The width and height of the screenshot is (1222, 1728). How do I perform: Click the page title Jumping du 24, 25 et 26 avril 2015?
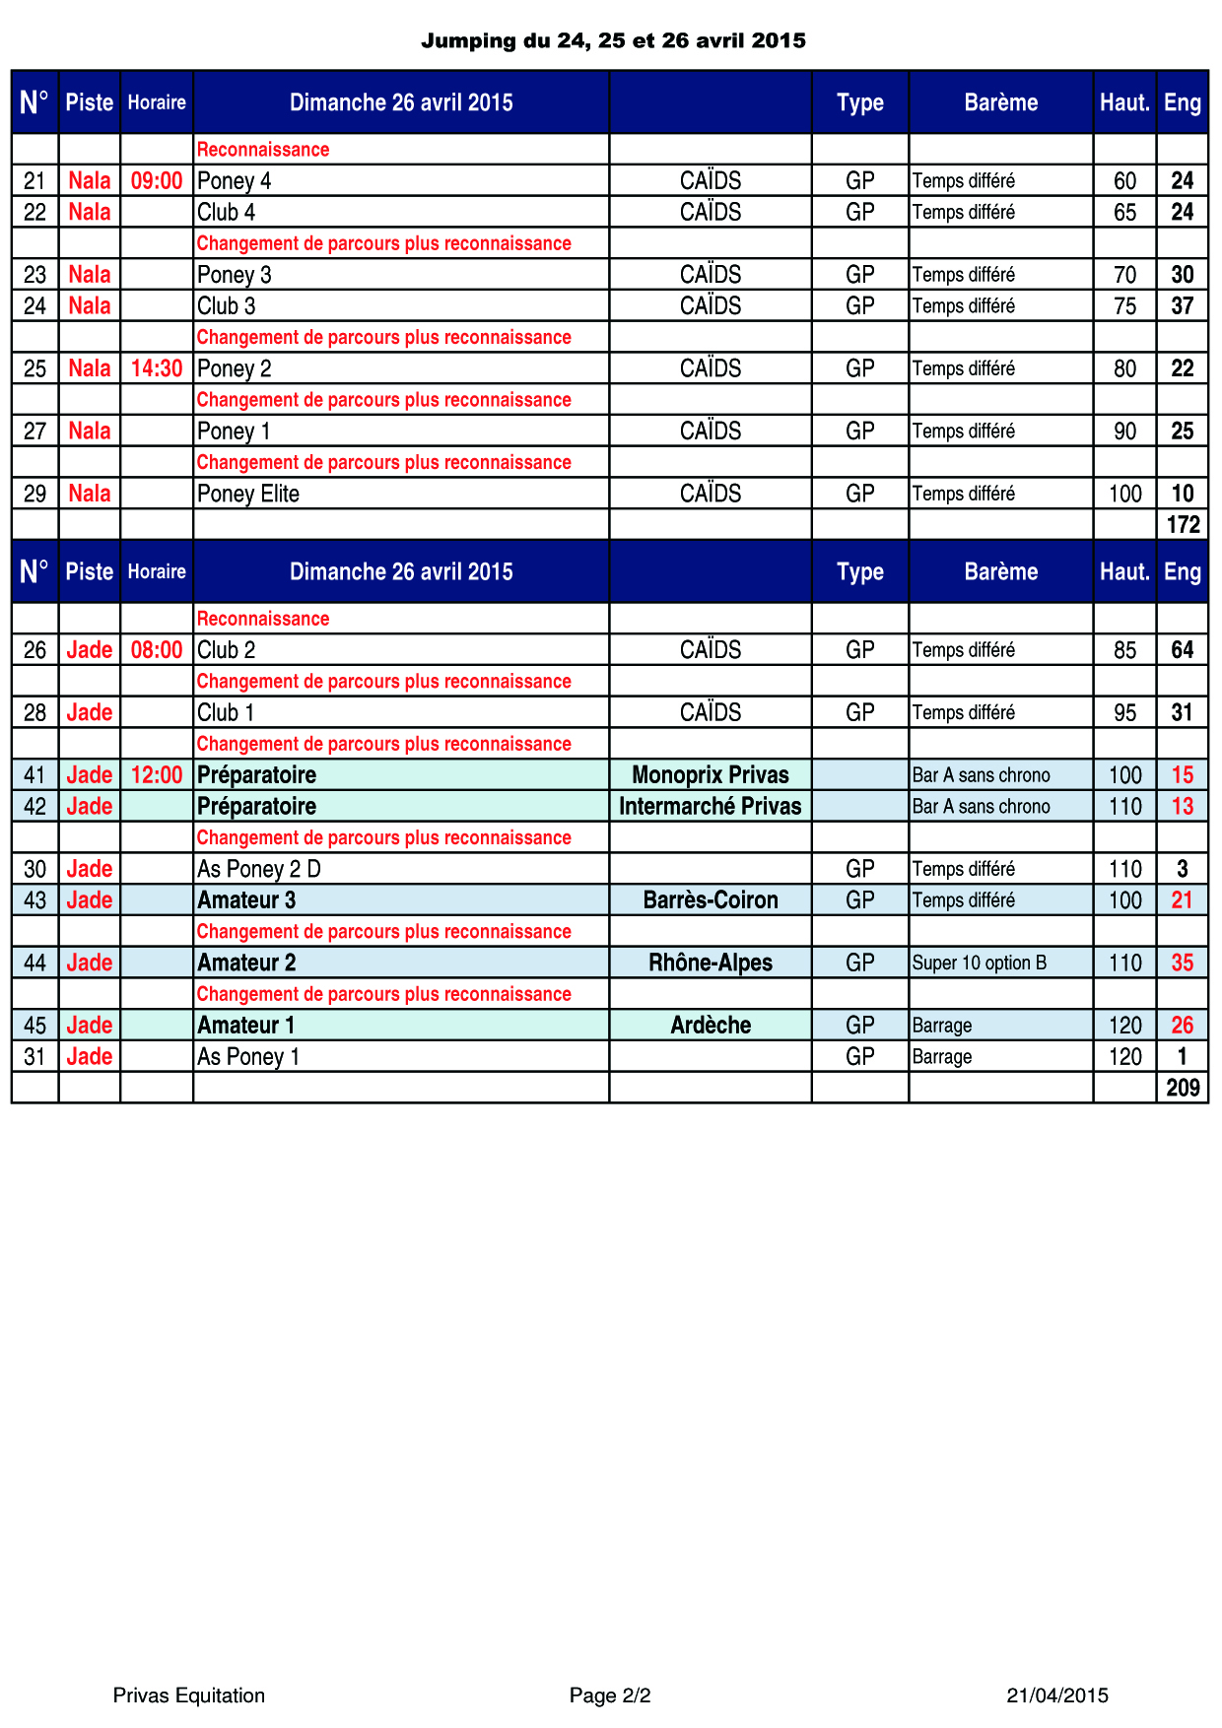[x=613, y=40]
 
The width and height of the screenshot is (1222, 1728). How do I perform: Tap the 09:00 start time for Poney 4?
[x=157, y=181]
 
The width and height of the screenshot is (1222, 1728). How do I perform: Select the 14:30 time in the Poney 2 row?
[x=157, y=368]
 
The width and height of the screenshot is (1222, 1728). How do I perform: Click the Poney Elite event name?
[x=248, y=494]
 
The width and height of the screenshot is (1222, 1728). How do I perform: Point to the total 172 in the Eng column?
[x=1183, y=525]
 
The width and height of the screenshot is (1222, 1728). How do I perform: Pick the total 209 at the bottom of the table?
[x=1183, y=1088]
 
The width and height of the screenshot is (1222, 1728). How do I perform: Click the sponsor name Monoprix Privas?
[x=711, y=775]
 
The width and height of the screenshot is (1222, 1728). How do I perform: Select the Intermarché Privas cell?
[x=711, y=807]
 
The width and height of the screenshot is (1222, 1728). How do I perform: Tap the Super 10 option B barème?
[x=980, y=963]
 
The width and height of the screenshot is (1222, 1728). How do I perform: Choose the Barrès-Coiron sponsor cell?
[x=711, y=900]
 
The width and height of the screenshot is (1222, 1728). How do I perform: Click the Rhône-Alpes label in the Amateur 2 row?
[x=711, y=963]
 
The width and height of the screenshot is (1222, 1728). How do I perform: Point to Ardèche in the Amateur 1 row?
[x=711, y=1026]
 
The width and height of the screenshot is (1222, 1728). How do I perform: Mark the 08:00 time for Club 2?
[x=157, y=650]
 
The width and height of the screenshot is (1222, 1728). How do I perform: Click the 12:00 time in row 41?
[x=157, y=775]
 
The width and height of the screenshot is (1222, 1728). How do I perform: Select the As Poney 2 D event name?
[x=259, y=869]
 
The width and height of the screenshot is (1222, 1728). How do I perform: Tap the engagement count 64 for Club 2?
[x=1183, y=650]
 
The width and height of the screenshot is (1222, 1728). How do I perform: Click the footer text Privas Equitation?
[x=189, y=1695]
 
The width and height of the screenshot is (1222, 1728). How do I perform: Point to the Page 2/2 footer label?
[x=610, y=1695]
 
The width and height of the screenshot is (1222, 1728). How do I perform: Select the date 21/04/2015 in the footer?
[x=1057, y=1695]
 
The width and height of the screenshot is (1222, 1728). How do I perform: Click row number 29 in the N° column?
[x=35, y=494]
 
